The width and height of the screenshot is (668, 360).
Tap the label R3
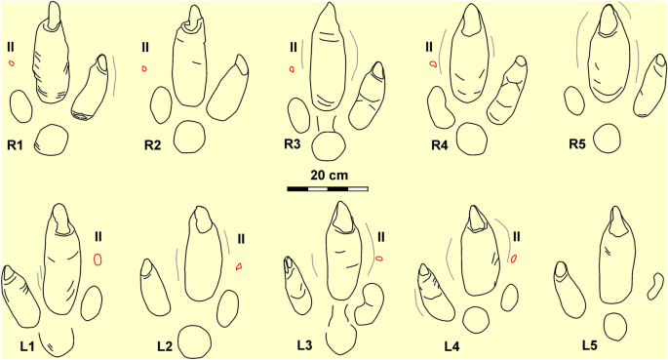click(x=293, y=145)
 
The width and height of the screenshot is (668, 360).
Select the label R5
click(x=581, y=145)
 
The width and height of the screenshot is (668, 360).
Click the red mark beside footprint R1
click(x=11, y=63)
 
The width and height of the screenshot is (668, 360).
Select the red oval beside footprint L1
click(x=98, y=259)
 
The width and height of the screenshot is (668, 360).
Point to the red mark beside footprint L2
click(x=239, y=265)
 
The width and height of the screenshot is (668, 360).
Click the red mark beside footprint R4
click(x=433, y=64)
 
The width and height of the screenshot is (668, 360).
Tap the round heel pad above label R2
click(x=186, y=135)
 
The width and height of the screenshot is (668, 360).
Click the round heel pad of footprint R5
click(x=607, y=138)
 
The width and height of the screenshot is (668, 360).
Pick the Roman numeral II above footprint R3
click(x=293, y=46)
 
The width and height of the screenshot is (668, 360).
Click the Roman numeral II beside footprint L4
click(x=517, y=235)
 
